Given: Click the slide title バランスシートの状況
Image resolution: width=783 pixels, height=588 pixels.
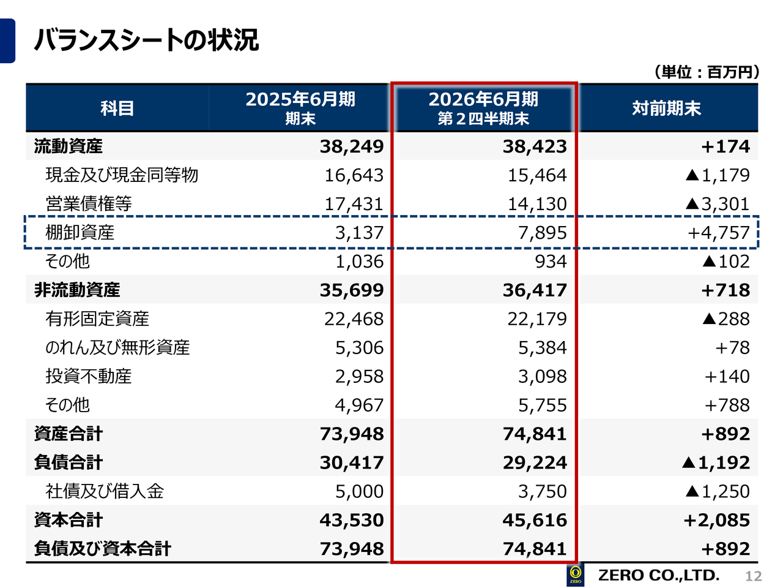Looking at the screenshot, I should click(x=147, y=40).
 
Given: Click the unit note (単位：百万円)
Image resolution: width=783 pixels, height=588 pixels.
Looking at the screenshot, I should click(x=707, y=72).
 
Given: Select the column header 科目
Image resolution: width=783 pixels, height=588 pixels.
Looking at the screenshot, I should click(x=117, y=108).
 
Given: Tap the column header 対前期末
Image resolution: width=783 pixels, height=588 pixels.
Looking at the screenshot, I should click(x=666, y=108).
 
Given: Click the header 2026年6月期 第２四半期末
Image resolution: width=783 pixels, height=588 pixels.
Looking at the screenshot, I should click(x=483, y=108).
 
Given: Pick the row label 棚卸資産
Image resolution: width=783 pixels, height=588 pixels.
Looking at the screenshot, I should click(x=80, y=233).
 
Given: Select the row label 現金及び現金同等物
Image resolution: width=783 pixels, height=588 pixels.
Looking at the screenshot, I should click(x=122, y=175).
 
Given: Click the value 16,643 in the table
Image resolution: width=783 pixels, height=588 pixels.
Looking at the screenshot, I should click(x=354, y=175).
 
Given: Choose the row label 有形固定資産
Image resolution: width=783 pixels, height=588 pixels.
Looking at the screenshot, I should click(x=97, y=319).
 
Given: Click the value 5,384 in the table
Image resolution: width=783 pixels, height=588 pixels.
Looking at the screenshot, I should click(x=542, y=348).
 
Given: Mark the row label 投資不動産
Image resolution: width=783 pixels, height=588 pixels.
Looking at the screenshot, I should click(x=89, y=377).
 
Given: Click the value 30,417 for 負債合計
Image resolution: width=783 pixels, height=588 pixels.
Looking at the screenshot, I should click(x=352, y=463).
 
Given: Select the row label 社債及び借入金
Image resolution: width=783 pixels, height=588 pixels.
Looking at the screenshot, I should click(x=105, y=492).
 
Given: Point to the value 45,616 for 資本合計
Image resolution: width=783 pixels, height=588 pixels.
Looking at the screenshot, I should click(x=535, y=521).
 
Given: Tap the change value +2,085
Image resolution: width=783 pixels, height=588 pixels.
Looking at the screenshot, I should click(x=716, y=521).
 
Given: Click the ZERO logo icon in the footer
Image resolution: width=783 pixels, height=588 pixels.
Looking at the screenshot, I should click(x=575, y=575).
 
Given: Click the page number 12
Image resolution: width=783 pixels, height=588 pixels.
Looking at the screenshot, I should click(x=753, y=576).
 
